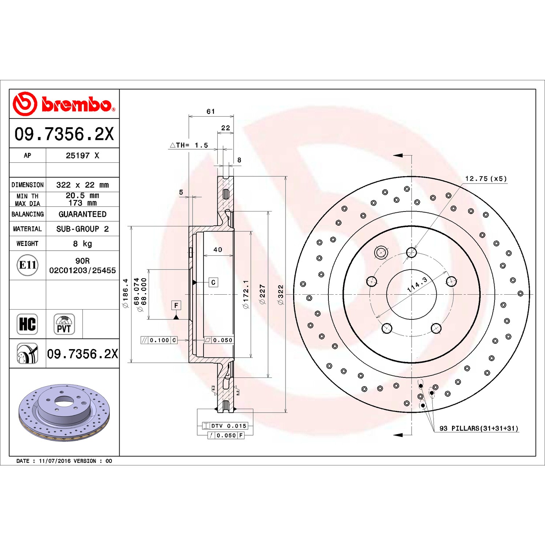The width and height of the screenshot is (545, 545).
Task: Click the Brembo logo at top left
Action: tap(64, 104)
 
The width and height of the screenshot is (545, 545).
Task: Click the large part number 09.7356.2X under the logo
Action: tap(64, 134)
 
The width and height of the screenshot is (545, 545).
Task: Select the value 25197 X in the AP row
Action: tap(82, 156)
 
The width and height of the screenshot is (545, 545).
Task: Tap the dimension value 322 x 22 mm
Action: tap(82, 185)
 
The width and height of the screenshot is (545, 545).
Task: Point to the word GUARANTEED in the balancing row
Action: tap(82, 214)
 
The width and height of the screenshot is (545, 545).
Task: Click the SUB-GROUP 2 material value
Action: tap(82, 229)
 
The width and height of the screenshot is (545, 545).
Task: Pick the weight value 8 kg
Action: tap(82, 243)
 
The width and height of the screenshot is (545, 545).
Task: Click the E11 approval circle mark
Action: tap(28, 265)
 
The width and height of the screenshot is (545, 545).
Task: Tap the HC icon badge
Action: tap(28, 324)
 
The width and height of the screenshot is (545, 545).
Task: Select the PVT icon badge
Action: tap(64, 324)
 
